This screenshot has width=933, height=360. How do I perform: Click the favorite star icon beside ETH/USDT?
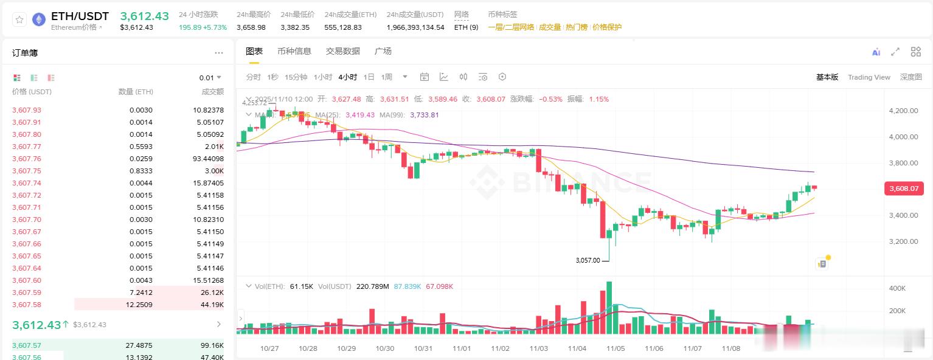click(x=19, y=20)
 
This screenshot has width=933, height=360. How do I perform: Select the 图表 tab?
click(x=254, y=51)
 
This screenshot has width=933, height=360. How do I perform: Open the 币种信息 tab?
click(x=294, y=51)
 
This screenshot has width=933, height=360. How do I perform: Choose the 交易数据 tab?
click(x=343, y=51)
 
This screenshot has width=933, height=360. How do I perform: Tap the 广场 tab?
click(x=383, y=51)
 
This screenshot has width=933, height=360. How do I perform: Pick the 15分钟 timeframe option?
click(x=296, y=77)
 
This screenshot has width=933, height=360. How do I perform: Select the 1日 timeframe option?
click(x=369, y=77)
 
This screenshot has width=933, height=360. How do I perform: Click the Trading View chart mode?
click(x=869, y=77)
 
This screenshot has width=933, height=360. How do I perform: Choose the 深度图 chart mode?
click(x=910, y=77)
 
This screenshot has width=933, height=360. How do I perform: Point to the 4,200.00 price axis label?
click(x=903, y=111)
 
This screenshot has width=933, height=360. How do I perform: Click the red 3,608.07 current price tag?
click(x=904, y=189)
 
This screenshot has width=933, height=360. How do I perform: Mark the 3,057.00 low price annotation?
click(x=588, y=260)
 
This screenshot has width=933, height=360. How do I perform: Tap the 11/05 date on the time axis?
click(x=616, y=348)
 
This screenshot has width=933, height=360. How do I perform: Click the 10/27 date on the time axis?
click(x=269, y=348)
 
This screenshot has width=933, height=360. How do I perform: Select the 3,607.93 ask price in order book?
click(x=27, y=110)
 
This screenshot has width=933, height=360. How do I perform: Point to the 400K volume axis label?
click(x=898, y=288)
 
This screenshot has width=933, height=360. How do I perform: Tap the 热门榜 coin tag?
click(x=577, y=27)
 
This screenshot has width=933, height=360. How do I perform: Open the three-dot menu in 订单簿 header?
click(x=219, y=53)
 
